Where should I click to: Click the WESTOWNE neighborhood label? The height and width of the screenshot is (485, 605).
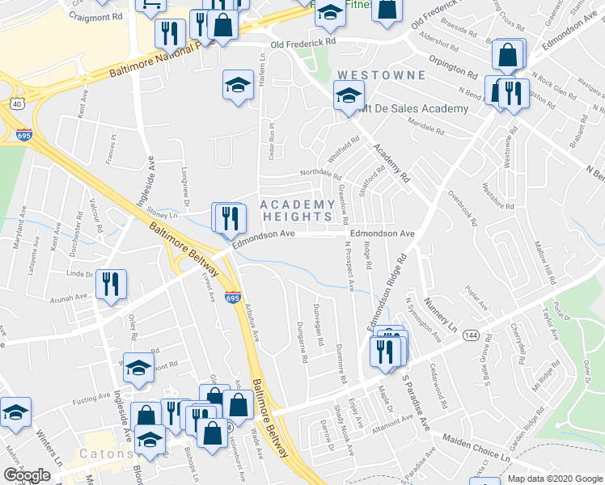[x=379, y=75]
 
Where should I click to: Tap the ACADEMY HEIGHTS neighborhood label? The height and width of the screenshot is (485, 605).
[x=297, y=210]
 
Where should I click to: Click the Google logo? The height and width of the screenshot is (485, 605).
[x=27, y=475]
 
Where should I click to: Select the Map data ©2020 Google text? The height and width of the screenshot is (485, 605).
[x=555, y=479]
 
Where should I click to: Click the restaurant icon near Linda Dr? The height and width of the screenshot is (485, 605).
[x=111, y=283]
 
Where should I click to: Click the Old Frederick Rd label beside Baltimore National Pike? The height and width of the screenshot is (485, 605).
[x=302, y=43]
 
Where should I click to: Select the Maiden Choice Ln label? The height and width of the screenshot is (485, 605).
[x=476, y=448]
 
